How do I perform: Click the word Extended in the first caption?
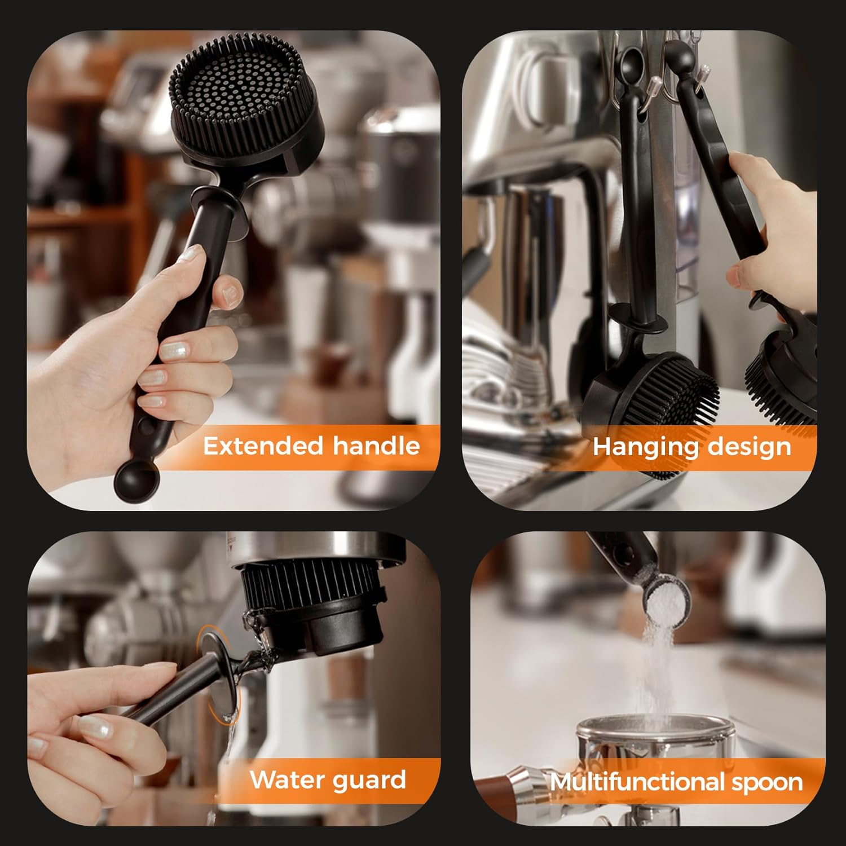tap(262, 446)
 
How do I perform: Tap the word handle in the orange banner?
tap(376, 446)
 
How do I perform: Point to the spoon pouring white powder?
tap(666, 592)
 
